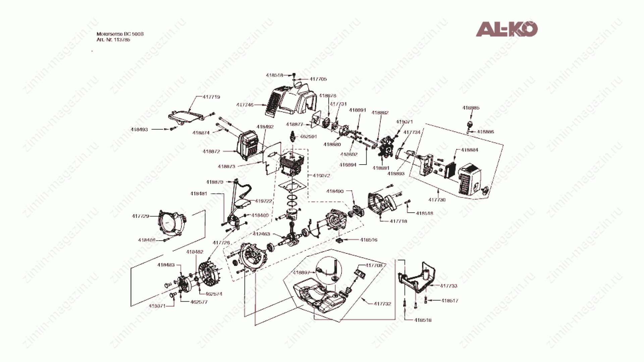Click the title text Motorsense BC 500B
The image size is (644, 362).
click(x=120, y=34)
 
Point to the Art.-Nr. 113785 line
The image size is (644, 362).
click(x=113, y=40)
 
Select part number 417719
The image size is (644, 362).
click(x=211, y=97)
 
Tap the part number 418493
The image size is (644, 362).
click(x=139, y=129)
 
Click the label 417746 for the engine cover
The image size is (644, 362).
click(x=245, y=105)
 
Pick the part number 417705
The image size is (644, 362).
click(x=318, y=79)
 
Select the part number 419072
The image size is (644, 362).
click(x=321, y=175)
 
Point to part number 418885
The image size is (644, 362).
click(x=471, y=108)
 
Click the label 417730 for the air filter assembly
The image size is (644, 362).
click(x=437, y=200)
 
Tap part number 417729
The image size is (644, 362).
click(x=140, y=216)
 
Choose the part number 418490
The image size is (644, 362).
click(x=335, y=191)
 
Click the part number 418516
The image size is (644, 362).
click(x=369, y=240)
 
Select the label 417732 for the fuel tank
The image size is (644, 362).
click(x=382, y=304)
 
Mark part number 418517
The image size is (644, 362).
click(x=449, y=301)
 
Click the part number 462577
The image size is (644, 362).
click(x=199, y=302)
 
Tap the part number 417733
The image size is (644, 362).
click(x=448, y=286)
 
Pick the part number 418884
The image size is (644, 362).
click(x=470, y=150)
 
